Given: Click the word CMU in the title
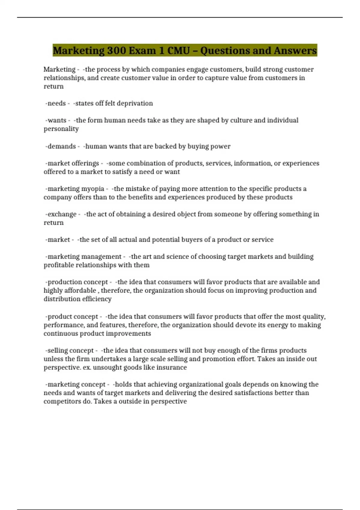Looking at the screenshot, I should pyautogui.click(x=178, y=50).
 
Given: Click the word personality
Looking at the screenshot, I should pyautogui.click(x=61, y=129).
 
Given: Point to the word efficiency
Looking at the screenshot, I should pyautogui.click(x=96, y=299).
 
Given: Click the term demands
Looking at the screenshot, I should pyautogui.click(x=62, y=146).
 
